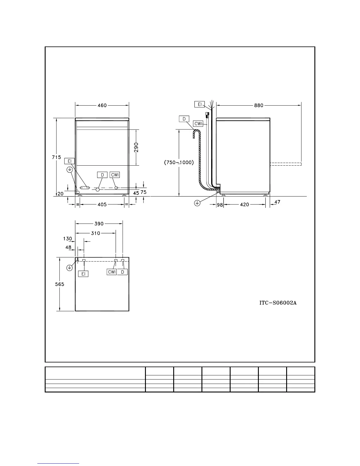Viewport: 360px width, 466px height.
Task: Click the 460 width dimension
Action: tap(102, 105)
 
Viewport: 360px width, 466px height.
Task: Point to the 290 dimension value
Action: tap(136, 148)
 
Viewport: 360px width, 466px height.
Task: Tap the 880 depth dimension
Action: tap(259, 105)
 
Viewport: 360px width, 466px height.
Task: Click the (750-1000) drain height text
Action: tap(179, 162)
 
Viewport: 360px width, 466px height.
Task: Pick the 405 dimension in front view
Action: tap(102, 204)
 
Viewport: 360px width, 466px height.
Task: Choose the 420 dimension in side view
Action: tap(244, 204)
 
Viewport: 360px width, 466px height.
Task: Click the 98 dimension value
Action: tap(220, 205)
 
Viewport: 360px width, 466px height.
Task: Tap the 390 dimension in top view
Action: tap(99, 224)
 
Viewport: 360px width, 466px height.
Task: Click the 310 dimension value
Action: tap(95, 233)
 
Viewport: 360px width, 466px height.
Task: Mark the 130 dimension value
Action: tap(67, 239)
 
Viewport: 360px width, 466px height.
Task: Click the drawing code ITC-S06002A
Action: tap(277, 303)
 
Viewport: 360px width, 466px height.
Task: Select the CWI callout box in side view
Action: tap(199, 124)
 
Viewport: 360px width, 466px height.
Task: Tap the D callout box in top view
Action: tap(123, 272)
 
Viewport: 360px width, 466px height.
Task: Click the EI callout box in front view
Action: tap(70, 161)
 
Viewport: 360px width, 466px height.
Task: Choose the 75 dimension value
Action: tap(144, 192)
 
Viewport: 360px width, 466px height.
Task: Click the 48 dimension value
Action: tap(68, 247)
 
